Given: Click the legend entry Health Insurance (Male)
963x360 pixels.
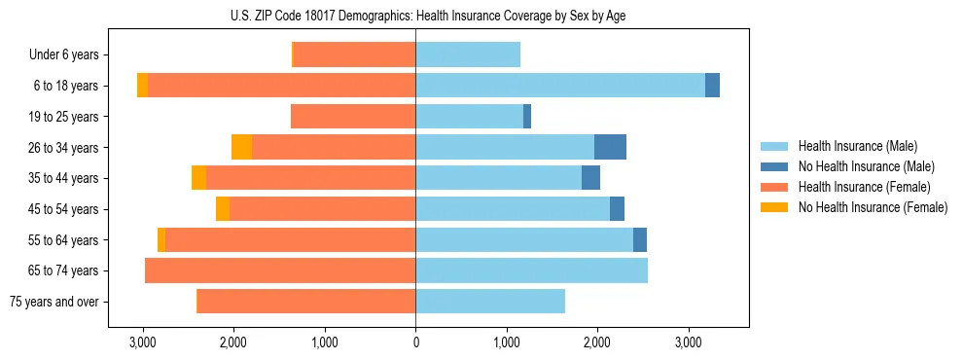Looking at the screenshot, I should [857, 146].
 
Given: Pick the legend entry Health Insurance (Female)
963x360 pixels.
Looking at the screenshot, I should [864, 187].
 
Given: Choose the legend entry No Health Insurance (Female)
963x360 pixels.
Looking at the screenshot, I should [873, 207].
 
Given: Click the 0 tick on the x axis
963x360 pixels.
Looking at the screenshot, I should [415, 342].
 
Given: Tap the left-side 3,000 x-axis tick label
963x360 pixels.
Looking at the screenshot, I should [143, 342].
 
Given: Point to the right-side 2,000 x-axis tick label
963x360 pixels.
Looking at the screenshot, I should [597, 342].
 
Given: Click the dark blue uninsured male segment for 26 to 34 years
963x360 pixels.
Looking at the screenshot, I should [610, 147].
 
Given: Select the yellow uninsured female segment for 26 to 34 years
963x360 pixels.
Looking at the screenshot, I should [241, 147].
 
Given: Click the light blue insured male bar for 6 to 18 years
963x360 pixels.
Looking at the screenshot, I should [559, 86].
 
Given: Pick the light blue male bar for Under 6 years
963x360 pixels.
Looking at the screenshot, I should [468, 54].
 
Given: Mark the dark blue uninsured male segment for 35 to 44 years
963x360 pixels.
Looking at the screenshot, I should [590, 178].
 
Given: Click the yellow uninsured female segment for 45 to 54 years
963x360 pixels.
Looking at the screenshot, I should [223, 209].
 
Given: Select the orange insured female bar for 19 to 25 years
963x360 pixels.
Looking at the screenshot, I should [353, 117].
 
